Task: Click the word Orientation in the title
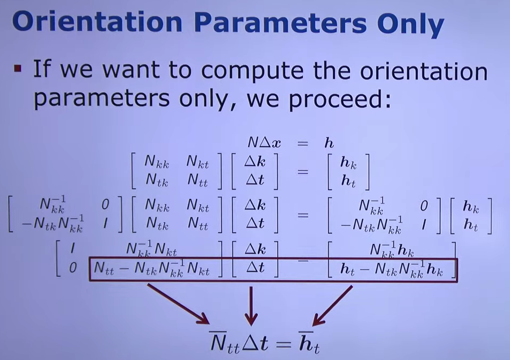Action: [97, 21]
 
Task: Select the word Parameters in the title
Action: [280, 21]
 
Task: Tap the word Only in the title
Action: [411, 24]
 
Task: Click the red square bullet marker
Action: [18, 69]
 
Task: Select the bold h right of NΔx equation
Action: [329, 142]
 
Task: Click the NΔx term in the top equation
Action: [264, 142]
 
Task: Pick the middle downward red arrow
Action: [251, 306]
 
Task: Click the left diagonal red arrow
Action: [178, 304]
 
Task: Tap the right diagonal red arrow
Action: [332, 306]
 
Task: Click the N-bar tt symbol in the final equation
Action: [224, 342]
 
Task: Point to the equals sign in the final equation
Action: [284, 344]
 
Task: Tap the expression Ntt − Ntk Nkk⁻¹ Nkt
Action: [152, 269]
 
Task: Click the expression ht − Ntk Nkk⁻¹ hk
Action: [391, 269]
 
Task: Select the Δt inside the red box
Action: [256, 268]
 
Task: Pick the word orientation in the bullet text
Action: [424, 70]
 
